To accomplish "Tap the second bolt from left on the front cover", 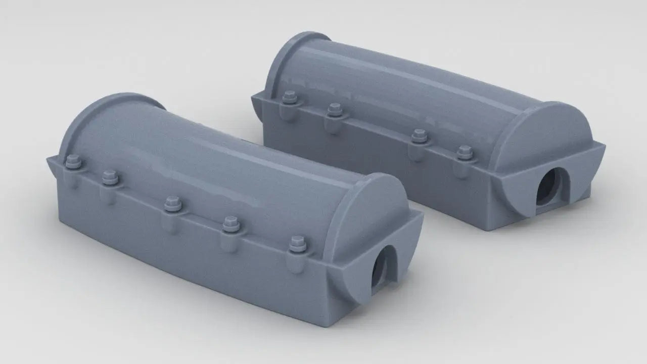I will click(110, 177).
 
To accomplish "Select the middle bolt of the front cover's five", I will click(172, 202).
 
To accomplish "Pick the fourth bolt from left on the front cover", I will click(230, 222).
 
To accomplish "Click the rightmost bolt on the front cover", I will click(297, 244).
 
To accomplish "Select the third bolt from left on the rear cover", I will click(419, 135).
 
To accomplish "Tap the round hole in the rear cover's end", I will click(548, 186).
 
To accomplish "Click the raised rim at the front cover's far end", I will click(101, 109).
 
